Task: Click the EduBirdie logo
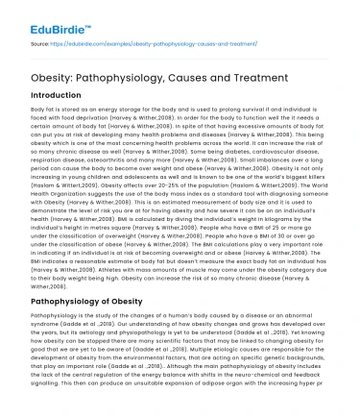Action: pos(48,16)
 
